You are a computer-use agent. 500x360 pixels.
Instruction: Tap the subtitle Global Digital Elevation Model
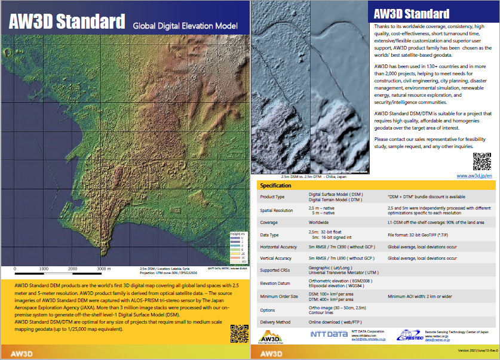(x=185, y=26)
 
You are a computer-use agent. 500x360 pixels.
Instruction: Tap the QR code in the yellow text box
(x=238, y=333)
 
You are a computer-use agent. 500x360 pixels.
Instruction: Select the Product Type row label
(x=272, y=197)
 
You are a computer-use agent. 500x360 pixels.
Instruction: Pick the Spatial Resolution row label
(x=277, y=210)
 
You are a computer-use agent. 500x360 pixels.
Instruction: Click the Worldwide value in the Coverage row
(x=318, y=223)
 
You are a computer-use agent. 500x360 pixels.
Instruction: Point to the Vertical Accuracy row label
(x=277, y=259)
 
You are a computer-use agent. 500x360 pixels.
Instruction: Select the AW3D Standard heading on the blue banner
(x=412, y=14)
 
